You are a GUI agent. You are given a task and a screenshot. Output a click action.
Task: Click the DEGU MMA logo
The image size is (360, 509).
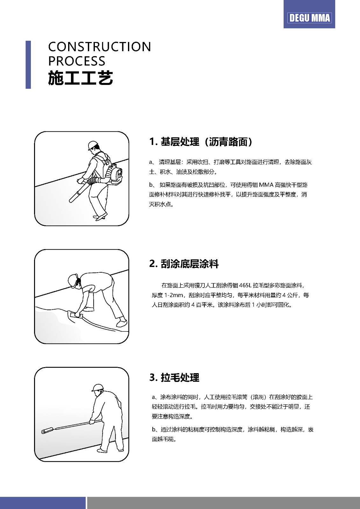[x=309, y=18]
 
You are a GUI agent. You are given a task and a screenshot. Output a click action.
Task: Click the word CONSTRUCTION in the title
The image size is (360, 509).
[x=100, y=46]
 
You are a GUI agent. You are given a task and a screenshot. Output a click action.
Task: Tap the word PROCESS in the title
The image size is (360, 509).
[x=77, y=61]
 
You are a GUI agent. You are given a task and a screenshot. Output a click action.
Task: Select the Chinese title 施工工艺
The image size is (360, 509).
[x=81, y=78]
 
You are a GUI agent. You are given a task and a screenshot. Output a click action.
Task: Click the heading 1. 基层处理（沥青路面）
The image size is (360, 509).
[x=201, y=142]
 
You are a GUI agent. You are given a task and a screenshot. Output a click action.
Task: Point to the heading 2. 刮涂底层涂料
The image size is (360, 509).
[x=184, y=264]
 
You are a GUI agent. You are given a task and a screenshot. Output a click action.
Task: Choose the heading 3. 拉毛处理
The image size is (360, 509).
[x=174, y=377]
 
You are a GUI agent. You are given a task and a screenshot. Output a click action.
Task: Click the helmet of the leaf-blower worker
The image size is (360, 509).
[x=93, y=145]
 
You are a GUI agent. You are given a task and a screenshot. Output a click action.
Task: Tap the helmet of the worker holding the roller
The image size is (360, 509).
[x=97, y=388]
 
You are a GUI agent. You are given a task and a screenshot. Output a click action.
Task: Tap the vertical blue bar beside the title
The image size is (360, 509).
[x=28, y=65]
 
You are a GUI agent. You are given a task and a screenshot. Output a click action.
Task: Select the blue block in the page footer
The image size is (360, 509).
[x=43, y=503]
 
